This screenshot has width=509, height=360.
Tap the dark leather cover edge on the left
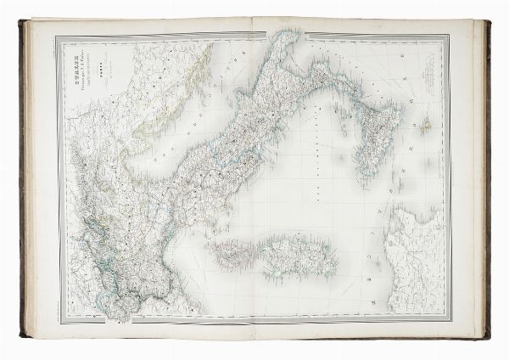23,178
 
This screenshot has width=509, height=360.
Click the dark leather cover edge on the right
486,178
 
